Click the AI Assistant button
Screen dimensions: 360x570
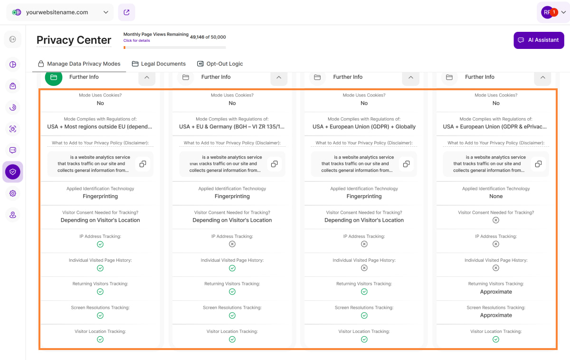(x=539, y=40)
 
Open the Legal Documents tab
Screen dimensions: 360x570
(x=159, y=64)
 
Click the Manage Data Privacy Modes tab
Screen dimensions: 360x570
(x=79, y=64)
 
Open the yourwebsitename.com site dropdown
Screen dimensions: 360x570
(x=60, y=12)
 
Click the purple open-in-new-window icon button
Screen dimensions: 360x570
(x=127, y=12)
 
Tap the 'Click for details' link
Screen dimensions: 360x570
(x=137, y=41)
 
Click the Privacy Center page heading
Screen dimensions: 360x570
(x=74, y=40)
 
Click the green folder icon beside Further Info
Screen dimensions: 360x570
(x=54, y=77)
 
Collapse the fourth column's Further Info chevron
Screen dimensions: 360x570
(x=542, y=77)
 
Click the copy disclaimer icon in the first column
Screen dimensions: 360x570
(x=142, y=164)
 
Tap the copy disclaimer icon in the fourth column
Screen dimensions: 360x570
(x=538, y=164)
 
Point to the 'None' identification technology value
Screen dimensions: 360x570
(x=496, y=196)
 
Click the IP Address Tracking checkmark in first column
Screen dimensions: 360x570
(x=100, y=244)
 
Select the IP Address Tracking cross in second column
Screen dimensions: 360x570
(x=232, y=244)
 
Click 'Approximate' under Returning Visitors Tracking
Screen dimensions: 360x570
(x=496, y=292)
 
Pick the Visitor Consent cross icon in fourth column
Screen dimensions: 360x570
(x=496, y=220)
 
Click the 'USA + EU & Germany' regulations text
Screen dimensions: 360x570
(x=232, y=127)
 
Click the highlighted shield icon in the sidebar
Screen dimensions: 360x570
(x=13, y=171)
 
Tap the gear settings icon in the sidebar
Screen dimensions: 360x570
(x=13, y=193)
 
